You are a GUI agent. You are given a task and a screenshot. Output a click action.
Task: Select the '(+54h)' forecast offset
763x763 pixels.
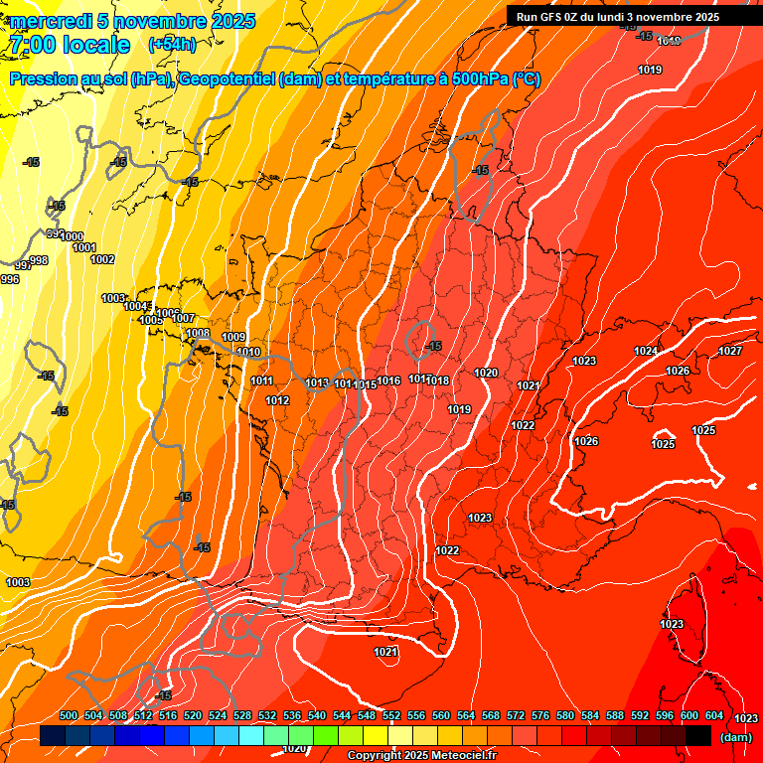pyautogui.click(x=172, y=45)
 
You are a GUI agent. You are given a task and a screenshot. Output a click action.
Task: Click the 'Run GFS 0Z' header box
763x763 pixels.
pyautogui.click(x=612, y=17)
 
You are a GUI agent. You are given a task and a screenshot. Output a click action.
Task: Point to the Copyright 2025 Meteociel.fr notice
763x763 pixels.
pyautogui.click(x=421, y=756)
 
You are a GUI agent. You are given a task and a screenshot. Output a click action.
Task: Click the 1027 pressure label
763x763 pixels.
pyautogui.click(x=730, y=351)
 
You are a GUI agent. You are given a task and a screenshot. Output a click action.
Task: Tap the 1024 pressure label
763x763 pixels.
pyautogui.click(x=646, y=351)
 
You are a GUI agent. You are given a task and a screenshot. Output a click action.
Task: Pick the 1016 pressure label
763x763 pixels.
pyautogui.click(x=388, y=381)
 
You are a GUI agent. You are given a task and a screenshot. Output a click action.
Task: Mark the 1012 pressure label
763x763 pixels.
pyautogui.click(x=277, y=400)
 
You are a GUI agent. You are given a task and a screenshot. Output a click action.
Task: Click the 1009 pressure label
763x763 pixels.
pyautogui.click(x=233, y=338)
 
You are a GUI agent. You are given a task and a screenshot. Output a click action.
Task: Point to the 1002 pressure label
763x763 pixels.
pyautogui.click(x=102, y=259)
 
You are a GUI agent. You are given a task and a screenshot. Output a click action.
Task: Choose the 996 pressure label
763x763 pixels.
pyautogui.click(x=10, y=280)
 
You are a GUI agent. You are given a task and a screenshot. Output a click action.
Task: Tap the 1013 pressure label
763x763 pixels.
pyautogui.click(x=317, y=382)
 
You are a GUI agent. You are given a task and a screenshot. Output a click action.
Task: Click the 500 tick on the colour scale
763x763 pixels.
pyautogui.click(x=69, y=716)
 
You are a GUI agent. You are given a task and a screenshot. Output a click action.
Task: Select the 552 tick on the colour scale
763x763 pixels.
pyautogui.click(x=391, y=716)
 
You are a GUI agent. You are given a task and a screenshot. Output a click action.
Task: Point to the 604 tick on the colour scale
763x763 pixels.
pyautogui.click(x=714, y=716)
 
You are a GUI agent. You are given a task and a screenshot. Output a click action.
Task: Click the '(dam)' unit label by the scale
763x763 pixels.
pyautogui.click(x=735, y=737)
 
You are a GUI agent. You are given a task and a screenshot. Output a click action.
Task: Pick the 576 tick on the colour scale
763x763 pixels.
pyautogui.click(x=540, y=716)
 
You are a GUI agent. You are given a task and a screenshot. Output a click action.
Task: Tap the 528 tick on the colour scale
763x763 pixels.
pyautogui.click(x=242, y=716)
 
